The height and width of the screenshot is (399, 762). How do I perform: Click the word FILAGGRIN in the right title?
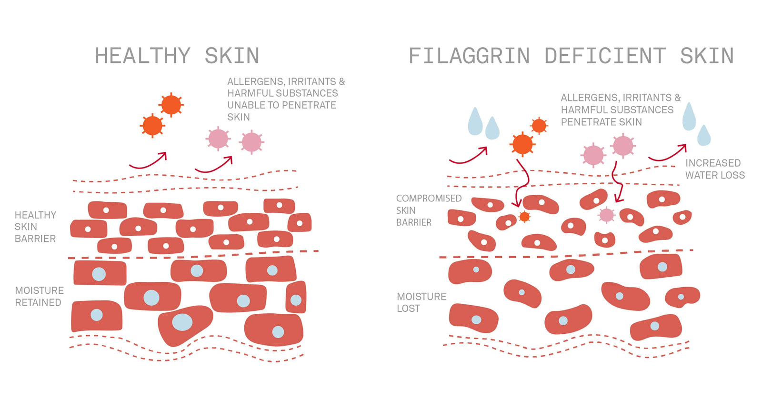point(469,56)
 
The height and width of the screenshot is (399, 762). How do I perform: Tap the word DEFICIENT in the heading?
point(605,56)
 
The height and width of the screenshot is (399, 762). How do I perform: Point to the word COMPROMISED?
point(429,199)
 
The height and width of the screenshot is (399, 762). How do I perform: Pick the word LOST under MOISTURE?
point(408,309)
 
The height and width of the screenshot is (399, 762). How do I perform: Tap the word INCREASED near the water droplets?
point(712,163)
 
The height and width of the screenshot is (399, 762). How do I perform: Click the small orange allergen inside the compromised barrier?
point(524,217)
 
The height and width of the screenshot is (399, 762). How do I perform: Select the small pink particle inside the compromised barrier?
point(606,215)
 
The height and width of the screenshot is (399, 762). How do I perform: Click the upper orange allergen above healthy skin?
point(171,105)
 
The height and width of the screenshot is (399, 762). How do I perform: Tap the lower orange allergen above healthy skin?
point(152,126)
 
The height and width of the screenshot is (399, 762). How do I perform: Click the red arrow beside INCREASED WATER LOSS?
point(668,154)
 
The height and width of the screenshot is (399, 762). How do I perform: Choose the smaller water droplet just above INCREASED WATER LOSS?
point(704,136)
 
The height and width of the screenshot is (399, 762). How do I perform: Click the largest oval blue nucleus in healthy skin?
point(182,322)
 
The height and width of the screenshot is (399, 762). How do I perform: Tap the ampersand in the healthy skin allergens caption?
point(341,82)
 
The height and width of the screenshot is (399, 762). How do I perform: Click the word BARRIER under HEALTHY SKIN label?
point(35,239)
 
